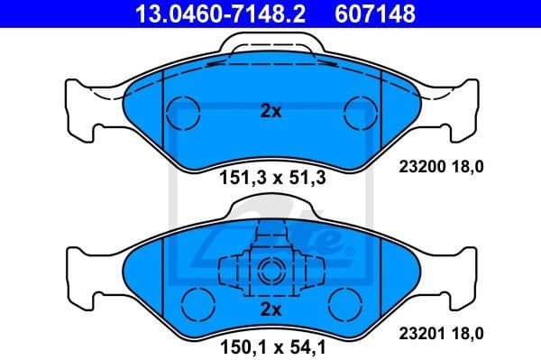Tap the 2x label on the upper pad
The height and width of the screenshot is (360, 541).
270,113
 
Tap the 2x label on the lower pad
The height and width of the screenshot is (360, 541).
270,309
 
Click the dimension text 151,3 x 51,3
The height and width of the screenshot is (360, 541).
271,178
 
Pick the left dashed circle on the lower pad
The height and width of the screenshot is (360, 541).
195,300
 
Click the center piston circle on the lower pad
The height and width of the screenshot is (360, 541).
270,270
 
